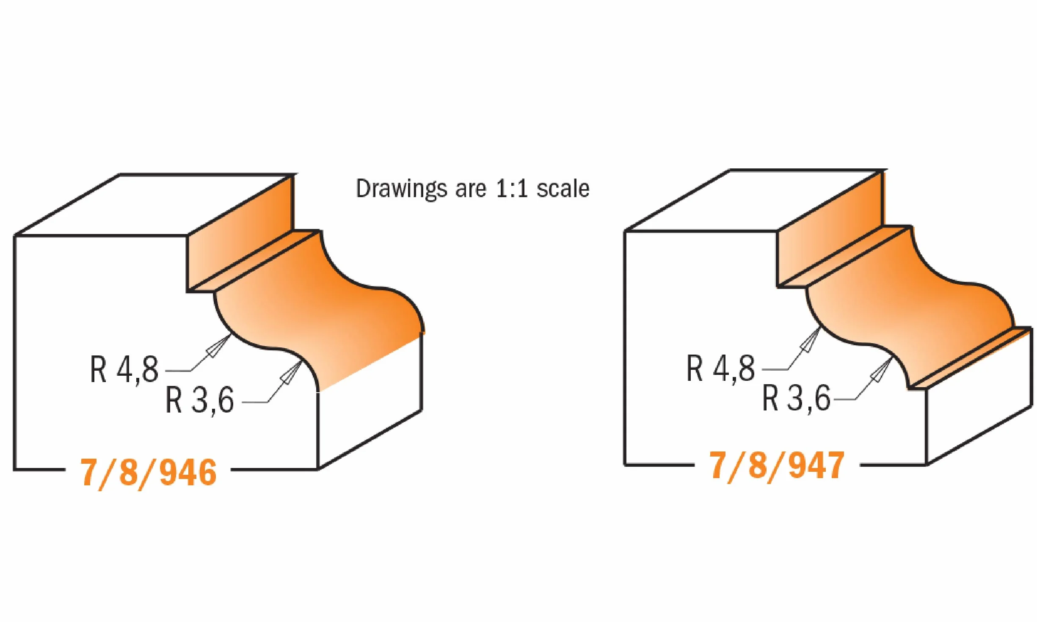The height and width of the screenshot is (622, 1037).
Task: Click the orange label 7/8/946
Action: click(x=149, y=473)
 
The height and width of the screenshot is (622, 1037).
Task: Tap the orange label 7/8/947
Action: click(x=777, y=466)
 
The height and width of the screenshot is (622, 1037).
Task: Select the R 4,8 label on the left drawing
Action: click(x=124, y=369)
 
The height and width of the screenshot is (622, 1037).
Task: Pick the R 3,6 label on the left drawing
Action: click(x=199, y=400)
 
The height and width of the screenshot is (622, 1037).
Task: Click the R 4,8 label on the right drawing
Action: click(x=720, y=368)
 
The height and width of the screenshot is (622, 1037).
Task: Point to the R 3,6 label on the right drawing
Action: click(x=796, y=398)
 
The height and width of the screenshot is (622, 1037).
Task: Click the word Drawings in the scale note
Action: click(x=401, y=189)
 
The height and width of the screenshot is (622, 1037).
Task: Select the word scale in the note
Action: click(x=563, y=188)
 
